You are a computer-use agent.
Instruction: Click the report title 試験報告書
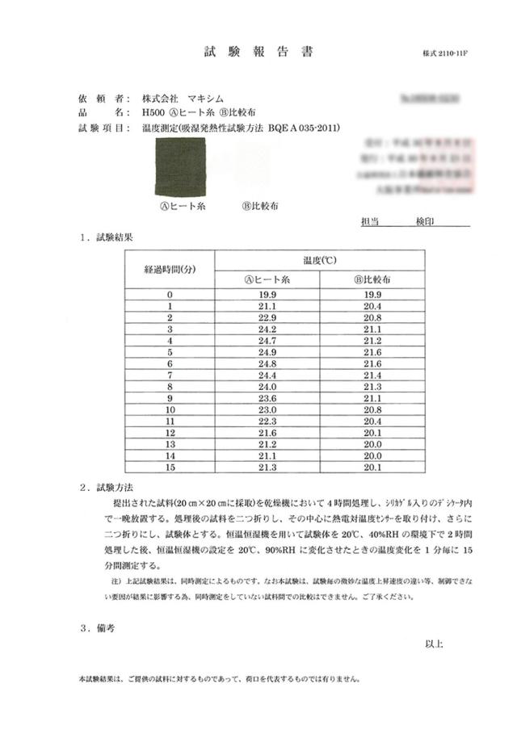(258, 52)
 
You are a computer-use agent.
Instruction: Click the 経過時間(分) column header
(170, 268)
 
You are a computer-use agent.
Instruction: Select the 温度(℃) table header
(320, 260)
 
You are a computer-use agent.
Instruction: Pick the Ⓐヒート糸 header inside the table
(268, 279)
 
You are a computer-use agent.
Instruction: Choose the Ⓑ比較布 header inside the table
(372, 279)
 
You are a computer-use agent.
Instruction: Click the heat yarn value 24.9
(268, 353)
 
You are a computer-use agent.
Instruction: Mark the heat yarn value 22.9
(268, 318)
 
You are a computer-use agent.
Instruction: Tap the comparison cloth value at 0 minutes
(372, 295)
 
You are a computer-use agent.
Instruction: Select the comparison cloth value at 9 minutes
(372, 399)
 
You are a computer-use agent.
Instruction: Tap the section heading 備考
(108, 627)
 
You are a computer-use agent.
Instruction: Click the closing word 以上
(434, 644)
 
